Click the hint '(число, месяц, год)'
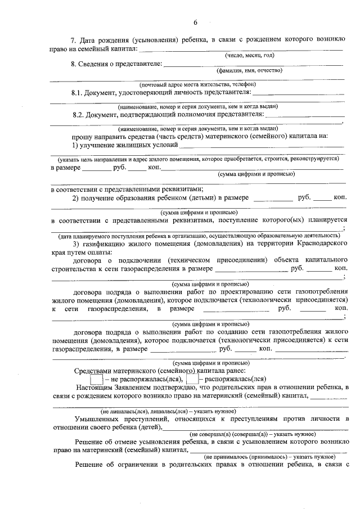249,56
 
